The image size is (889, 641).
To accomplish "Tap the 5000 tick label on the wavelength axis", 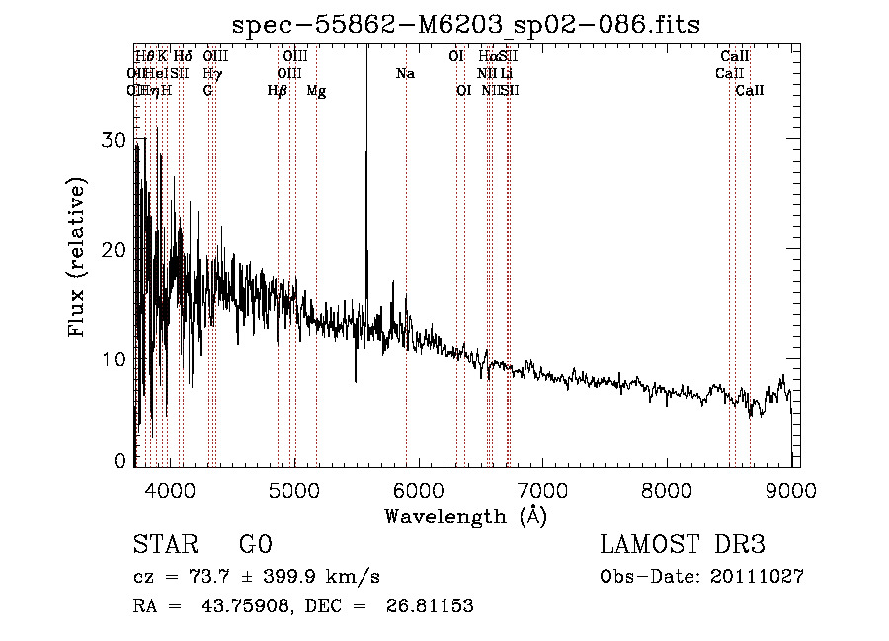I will tap(293, 489).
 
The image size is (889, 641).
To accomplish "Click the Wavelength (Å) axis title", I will tap(465, 516).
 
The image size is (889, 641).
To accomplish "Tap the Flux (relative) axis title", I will tap(77, 257).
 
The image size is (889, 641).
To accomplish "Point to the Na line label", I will tap(405, 73).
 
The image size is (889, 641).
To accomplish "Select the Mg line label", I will tap(316, 91).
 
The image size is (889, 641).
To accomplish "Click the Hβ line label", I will tap(278, 91).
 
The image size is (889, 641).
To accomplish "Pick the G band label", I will tap(207, 91).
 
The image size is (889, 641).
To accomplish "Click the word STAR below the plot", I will tap(164, 545).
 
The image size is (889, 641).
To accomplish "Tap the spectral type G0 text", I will tap(255, 545).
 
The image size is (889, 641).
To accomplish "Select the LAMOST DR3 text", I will tap(683, 545).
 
